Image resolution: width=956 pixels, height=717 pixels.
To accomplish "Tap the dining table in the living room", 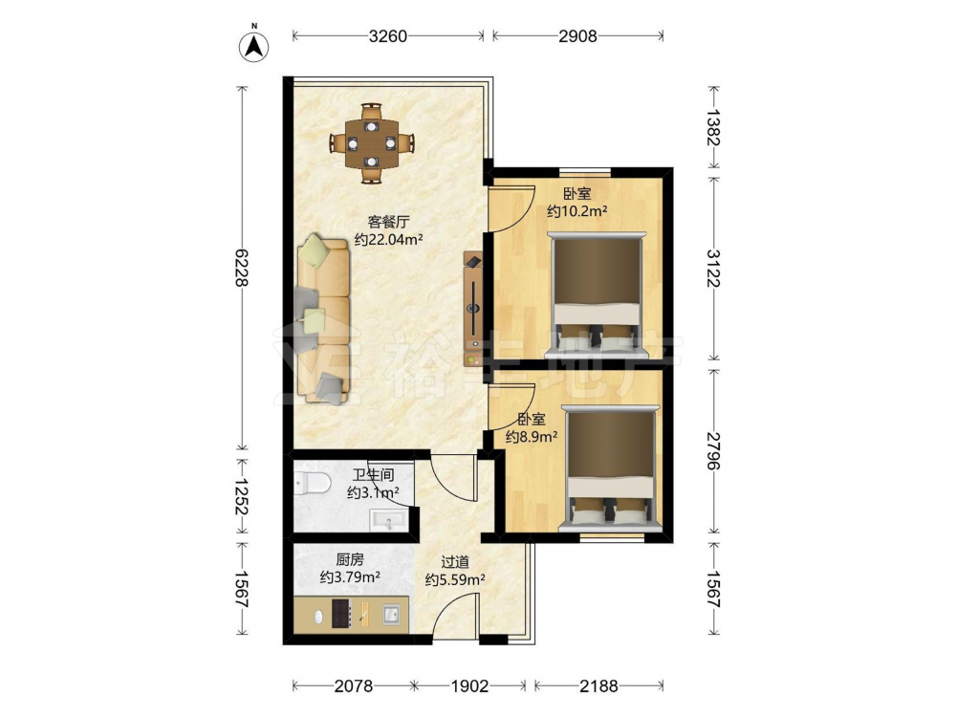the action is click(371, 144).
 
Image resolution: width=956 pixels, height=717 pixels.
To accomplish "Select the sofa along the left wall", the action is click(324, 319).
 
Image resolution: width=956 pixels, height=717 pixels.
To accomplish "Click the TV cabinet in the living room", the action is click(472, 309).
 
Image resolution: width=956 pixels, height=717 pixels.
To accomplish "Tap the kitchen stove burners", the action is click(342, 614).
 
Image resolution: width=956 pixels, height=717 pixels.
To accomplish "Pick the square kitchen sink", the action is click(391, 614).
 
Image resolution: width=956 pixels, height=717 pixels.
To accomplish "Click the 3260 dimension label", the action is click(388, 36).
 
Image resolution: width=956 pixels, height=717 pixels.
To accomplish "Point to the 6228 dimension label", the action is click(242, 268).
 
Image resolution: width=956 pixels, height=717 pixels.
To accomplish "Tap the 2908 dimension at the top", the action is click(577, 36).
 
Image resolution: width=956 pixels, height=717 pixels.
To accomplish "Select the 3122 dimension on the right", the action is click(714, 268).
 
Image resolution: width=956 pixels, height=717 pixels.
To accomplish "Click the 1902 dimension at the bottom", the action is click(469, 685).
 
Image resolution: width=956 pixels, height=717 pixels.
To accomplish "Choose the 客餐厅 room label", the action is click(388, 222).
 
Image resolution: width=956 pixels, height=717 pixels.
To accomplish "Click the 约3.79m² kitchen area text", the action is click(351, 576).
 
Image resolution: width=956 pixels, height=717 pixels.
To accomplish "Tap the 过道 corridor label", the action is click(455, 561).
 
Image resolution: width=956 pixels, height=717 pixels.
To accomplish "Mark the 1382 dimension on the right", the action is click(714, 127).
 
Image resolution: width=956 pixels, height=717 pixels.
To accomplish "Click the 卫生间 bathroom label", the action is click(373, 474).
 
